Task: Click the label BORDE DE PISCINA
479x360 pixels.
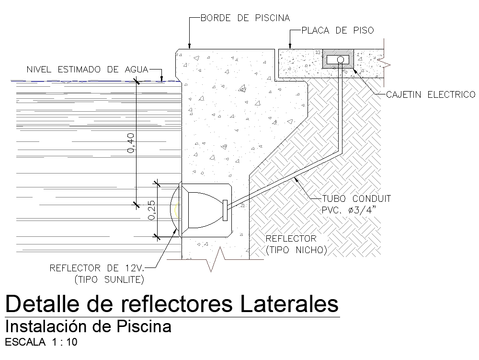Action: coord(245,18)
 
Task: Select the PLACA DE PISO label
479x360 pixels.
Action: coord(338,30)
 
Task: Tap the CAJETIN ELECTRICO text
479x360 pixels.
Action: coord(431,94)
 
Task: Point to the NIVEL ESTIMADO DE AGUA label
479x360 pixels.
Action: coord(87,70)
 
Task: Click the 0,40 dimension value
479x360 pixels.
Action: coord(131,143)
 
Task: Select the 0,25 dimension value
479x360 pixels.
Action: coord(151,210)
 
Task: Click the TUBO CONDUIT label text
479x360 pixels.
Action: coord(356,198)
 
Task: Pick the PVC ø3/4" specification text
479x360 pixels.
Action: coord(349,210)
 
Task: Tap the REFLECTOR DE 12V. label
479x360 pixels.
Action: coord(97,268)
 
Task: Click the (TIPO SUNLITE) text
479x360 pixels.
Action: coord(109,279)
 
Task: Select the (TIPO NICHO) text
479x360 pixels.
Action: coord(297,250)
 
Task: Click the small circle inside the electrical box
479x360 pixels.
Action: coord(341,59)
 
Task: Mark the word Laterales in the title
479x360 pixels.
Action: coord(289,303)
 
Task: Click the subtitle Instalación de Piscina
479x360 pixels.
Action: coord(88,326)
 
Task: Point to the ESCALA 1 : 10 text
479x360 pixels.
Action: coord(41,342)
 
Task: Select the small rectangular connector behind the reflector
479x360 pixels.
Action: coord(225,210)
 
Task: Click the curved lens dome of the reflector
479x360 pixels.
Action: coord(173,210)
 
